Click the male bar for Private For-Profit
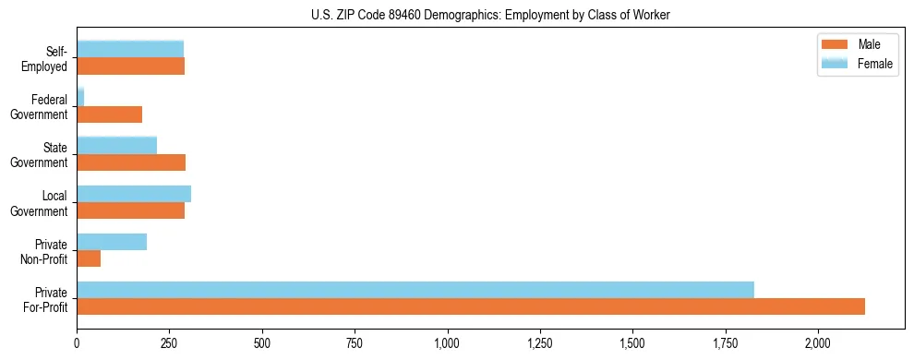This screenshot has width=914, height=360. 471,306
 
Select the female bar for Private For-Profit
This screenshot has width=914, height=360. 415,289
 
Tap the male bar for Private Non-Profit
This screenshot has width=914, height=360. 89,258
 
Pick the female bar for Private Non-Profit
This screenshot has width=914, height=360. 112,242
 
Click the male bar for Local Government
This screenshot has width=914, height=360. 130,210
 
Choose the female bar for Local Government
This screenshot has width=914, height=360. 134,194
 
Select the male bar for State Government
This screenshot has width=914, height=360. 131,162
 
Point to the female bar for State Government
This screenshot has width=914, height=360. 116,146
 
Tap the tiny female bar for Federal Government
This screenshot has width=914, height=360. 80,97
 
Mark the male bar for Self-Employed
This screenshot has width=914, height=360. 130,66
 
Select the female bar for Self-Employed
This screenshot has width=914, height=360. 130,49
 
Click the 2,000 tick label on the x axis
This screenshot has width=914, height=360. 818,344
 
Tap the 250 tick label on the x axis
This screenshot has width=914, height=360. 169,344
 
